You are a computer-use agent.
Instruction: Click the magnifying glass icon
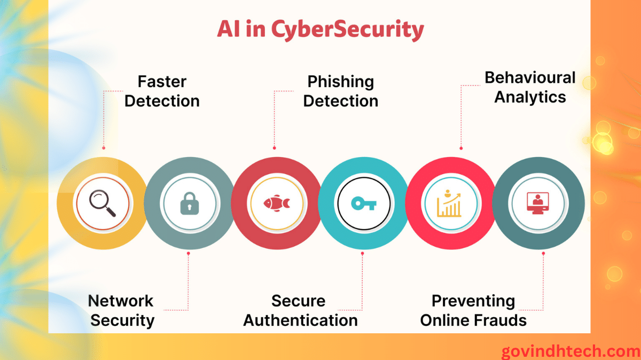point(103,204)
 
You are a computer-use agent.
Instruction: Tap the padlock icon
point(189,204)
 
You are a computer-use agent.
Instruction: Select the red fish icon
point(276,204)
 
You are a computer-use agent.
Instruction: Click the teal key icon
point(364,204)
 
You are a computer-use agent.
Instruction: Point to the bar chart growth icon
point(449,204)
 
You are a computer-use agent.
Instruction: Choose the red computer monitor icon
point(537,204)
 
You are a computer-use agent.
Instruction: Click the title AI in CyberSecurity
point(320,29)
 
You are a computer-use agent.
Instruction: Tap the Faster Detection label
point(162,91)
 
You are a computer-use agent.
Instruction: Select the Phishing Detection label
point(340,91)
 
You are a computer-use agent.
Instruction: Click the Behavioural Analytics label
point(530,87)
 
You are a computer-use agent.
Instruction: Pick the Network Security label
point(122,310)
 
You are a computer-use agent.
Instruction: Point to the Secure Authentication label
point(300,310)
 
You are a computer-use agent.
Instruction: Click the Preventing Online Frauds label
point(473,310)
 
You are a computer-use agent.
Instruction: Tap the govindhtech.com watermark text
point(570,351)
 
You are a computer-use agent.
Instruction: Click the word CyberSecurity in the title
point(347,29)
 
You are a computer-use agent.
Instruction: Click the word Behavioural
point(530,78)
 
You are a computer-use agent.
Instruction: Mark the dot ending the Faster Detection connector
point(104,148)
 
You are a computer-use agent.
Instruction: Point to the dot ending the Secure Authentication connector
point(362,254)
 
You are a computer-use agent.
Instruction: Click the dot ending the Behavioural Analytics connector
point(461,148)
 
